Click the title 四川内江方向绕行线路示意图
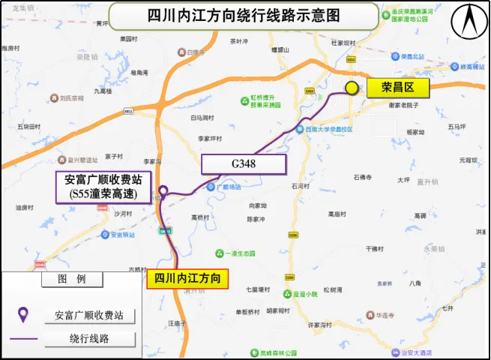[244, 15]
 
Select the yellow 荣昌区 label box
[397, 89]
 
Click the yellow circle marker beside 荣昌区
[352, 88]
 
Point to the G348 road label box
[244, 164]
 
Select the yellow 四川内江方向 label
[187, 278]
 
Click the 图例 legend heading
[72, 279]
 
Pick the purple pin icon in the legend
[23, 315]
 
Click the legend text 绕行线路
[89, 339]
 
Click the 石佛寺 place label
[363, 178]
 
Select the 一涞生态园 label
[238, 253]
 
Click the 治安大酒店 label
[435, 352]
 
